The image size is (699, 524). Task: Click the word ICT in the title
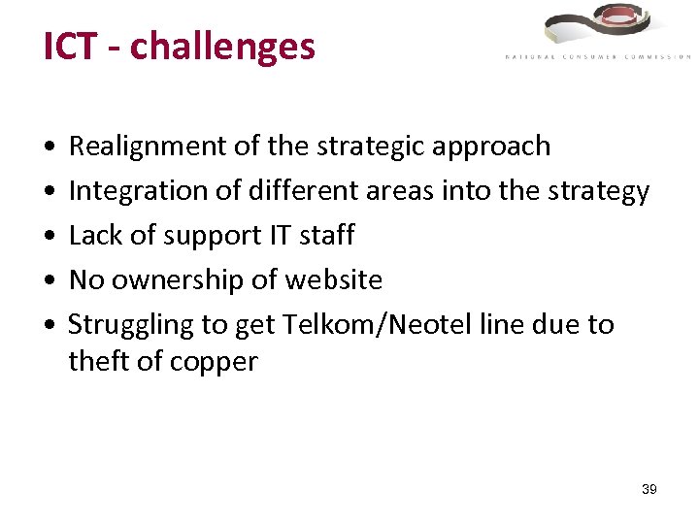coord(70,46)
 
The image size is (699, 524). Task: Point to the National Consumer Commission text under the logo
coord(597,57)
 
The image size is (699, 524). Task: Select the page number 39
coord(649,489)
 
